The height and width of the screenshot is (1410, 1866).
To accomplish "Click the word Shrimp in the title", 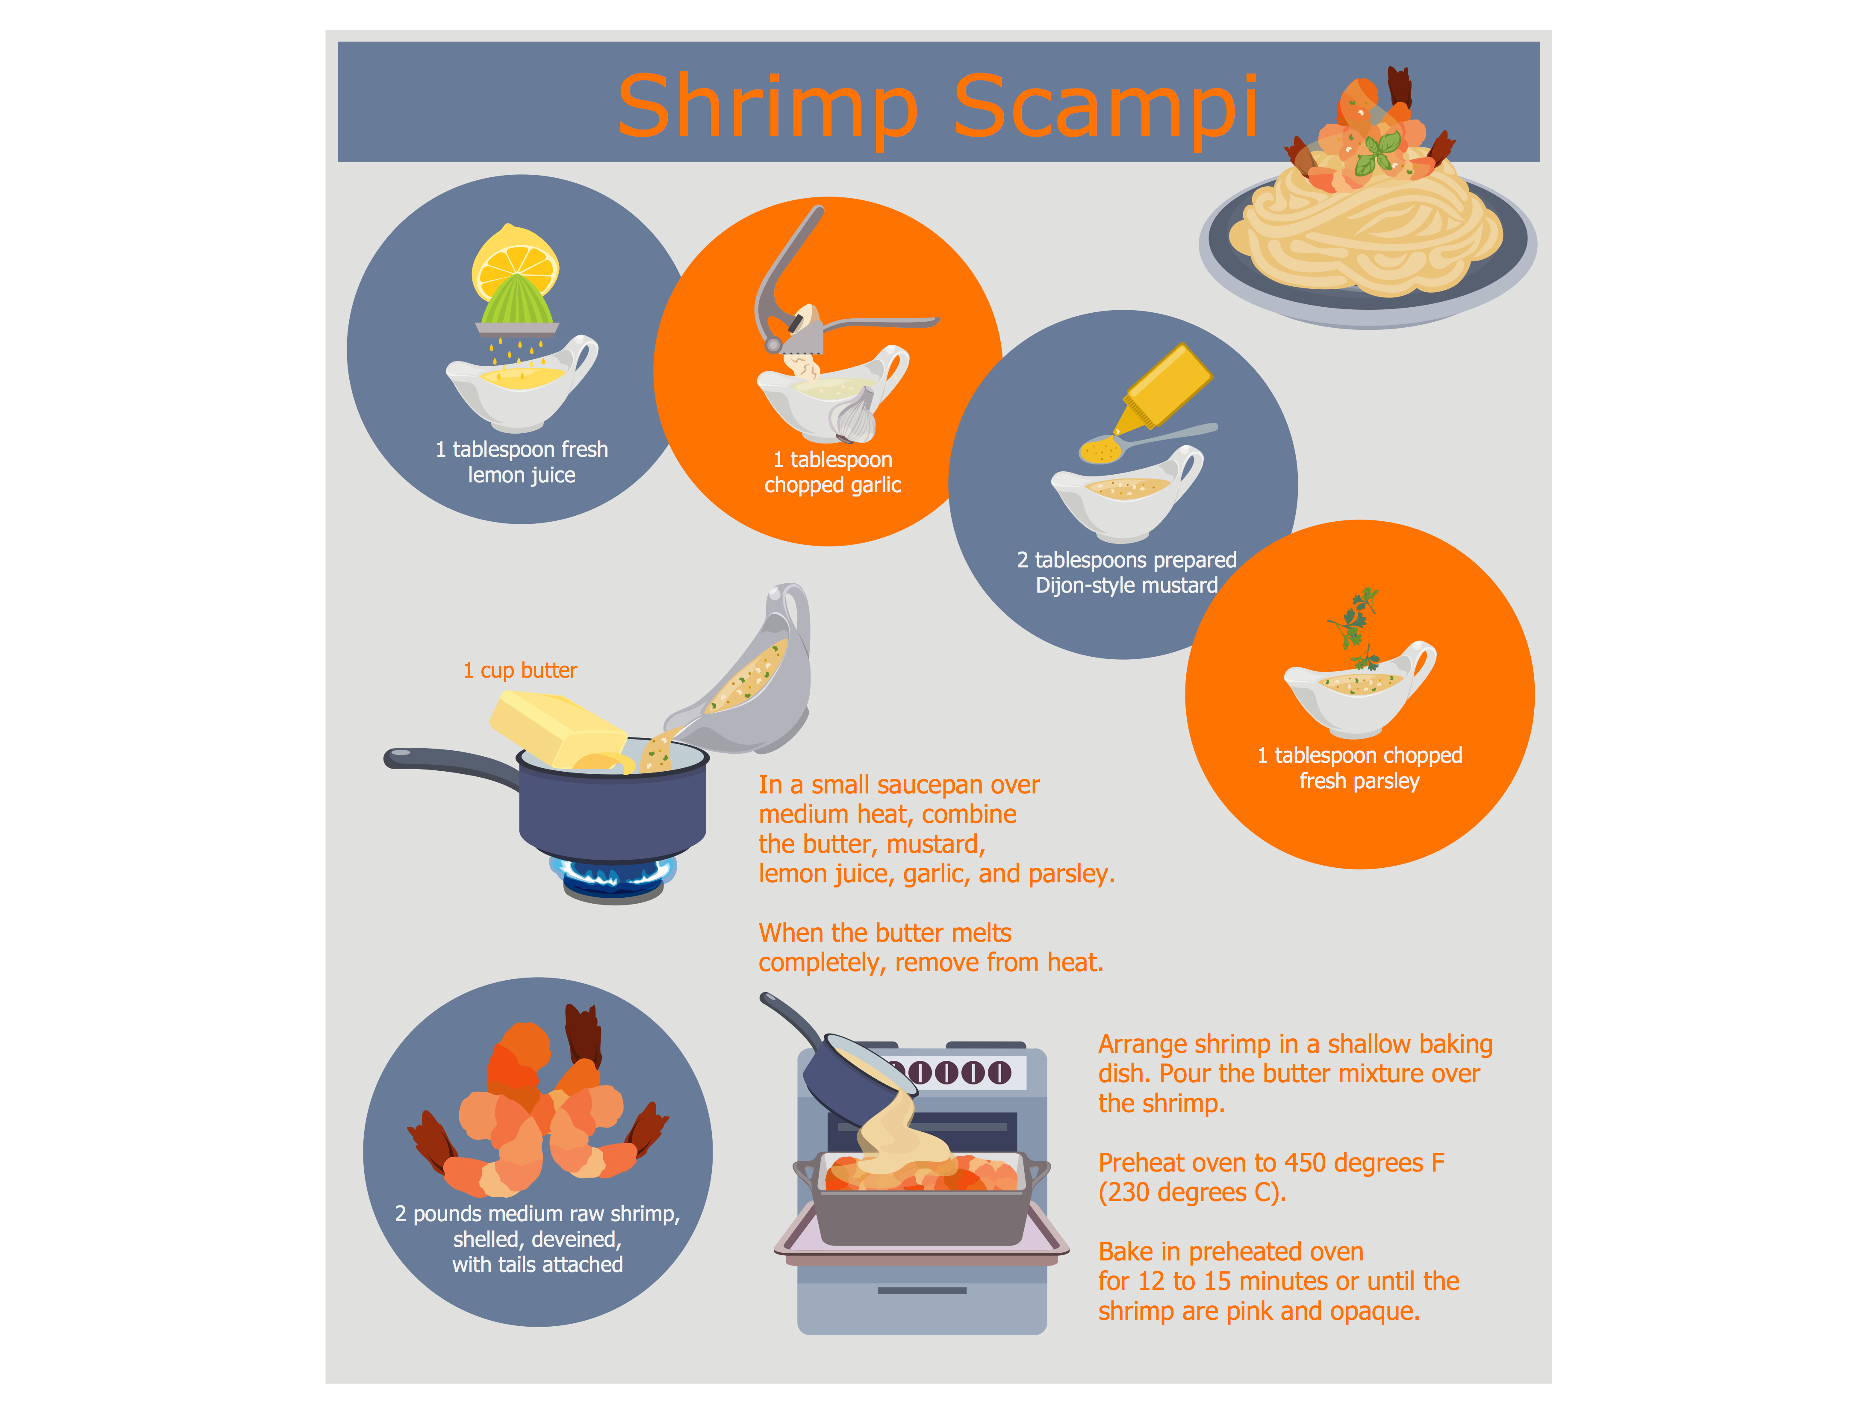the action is (x=768, y=108).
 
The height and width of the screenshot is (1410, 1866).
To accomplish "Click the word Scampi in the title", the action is (x=1106, y=108).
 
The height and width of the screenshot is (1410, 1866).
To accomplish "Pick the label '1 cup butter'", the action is (x=521, y=670).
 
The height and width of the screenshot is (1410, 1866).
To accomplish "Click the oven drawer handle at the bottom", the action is (x=922, y=1290).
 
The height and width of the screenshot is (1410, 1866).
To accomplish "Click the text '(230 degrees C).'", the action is (x=1192, y=1193).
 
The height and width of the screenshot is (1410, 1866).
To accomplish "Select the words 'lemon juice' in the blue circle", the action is (x=522, y=476).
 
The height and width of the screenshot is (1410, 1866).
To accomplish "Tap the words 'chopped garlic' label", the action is (x=833, y=486).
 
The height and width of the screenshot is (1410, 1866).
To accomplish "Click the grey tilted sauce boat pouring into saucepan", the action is (x=743, y=675).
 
